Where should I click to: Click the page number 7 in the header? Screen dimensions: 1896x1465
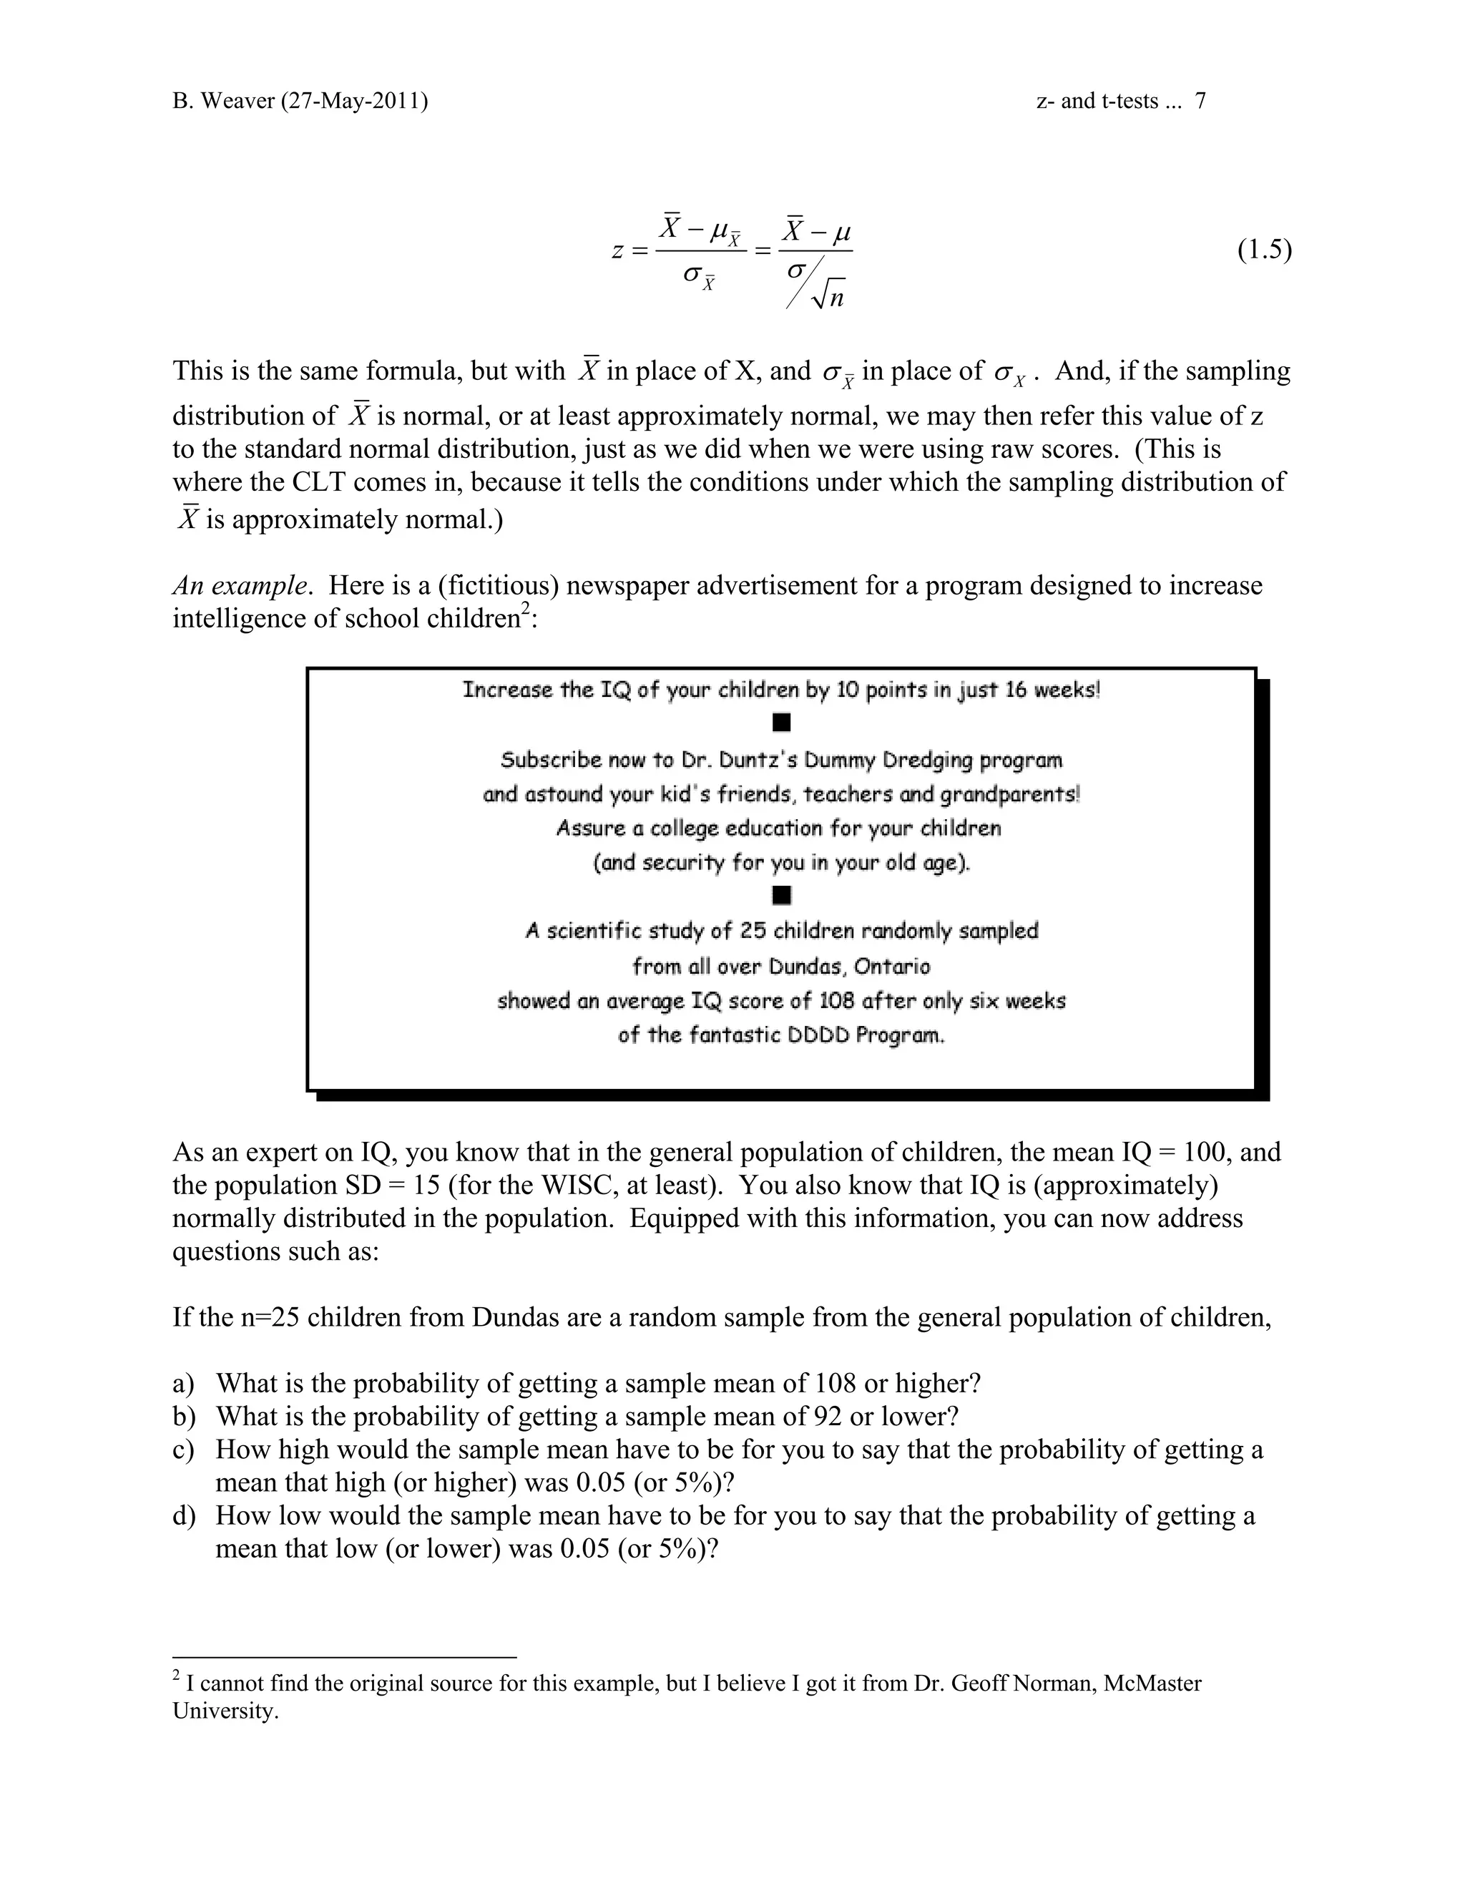coord(1200,102)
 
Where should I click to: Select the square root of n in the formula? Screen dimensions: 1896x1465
coord(829,297)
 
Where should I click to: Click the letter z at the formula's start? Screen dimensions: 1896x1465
coord(617,252)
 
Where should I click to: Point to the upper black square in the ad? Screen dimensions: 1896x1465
coord(781,723)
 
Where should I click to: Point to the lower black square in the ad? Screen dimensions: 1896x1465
coord(781,894)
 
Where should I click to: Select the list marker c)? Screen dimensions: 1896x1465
coord(183,1449)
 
